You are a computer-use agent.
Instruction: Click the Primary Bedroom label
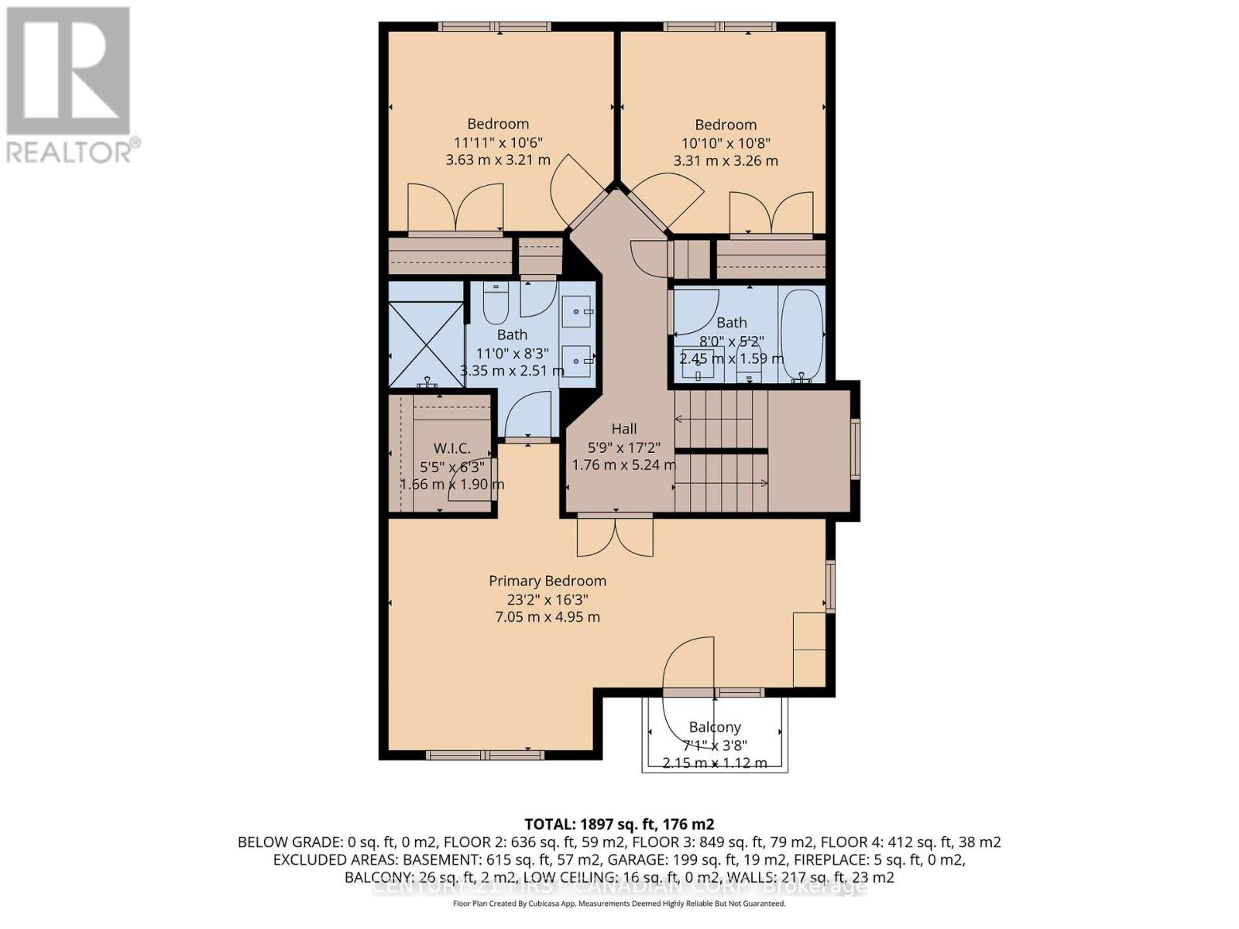pos(547,581)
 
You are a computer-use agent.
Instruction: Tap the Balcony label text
pos(715,727)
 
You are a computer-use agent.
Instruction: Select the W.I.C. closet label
pos(451,448)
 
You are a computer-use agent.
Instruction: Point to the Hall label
pos(624,428)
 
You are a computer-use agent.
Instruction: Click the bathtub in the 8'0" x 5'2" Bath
pos(801,334)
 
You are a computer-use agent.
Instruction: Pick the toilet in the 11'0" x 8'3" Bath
pos(496,303)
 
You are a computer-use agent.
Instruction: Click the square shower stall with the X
pos(425,344)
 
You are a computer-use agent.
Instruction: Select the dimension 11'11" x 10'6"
pos(498,142)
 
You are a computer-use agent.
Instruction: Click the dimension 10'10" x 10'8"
pos(726,143)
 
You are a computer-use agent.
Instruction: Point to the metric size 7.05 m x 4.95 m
pos(547,617)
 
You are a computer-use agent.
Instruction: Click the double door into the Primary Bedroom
pos(616,536)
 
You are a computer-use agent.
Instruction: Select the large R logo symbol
pos(68,70)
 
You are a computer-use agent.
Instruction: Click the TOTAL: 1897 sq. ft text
pos(619,824)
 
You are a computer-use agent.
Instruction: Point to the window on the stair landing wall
pos(855,448)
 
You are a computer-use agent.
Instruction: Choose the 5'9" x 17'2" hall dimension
pos(624,447)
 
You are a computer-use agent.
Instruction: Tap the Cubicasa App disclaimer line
pos(619,903)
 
